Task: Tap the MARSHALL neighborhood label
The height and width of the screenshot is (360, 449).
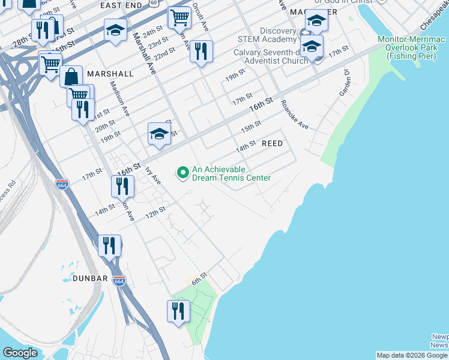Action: pyautogui.click(x=110, y=73)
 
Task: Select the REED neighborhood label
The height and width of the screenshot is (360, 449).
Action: pyautogui.click(x=276, y=143)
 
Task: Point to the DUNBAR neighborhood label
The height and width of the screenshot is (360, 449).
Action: pyautogui.click(x=90, y=278)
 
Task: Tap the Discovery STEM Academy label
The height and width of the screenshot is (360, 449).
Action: pyautogui.click(x=278, y=35)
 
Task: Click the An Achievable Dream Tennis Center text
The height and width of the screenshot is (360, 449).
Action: pyautogui.click(x=231, y=173)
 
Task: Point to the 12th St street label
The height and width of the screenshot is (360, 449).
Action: pyautogui.click(x=155, y=212)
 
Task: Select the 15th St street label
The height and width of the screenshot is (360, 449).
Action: pyautogui.click(x=251, y=126)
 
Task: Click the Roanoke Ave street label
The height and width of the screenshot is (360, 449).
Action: pyautogui.click(x=294, y=118)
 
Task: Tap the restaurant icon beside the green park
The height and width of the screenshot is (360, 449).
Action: pyautogui.click(x=178, y=311)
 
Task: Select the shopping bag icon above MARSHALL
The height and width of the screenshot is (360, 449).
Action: pyautogui.click(x=71, y=76)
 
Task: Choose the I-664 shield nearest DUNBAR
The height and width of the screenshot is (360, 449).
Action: pyautogui.click(x=119, y=281)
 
